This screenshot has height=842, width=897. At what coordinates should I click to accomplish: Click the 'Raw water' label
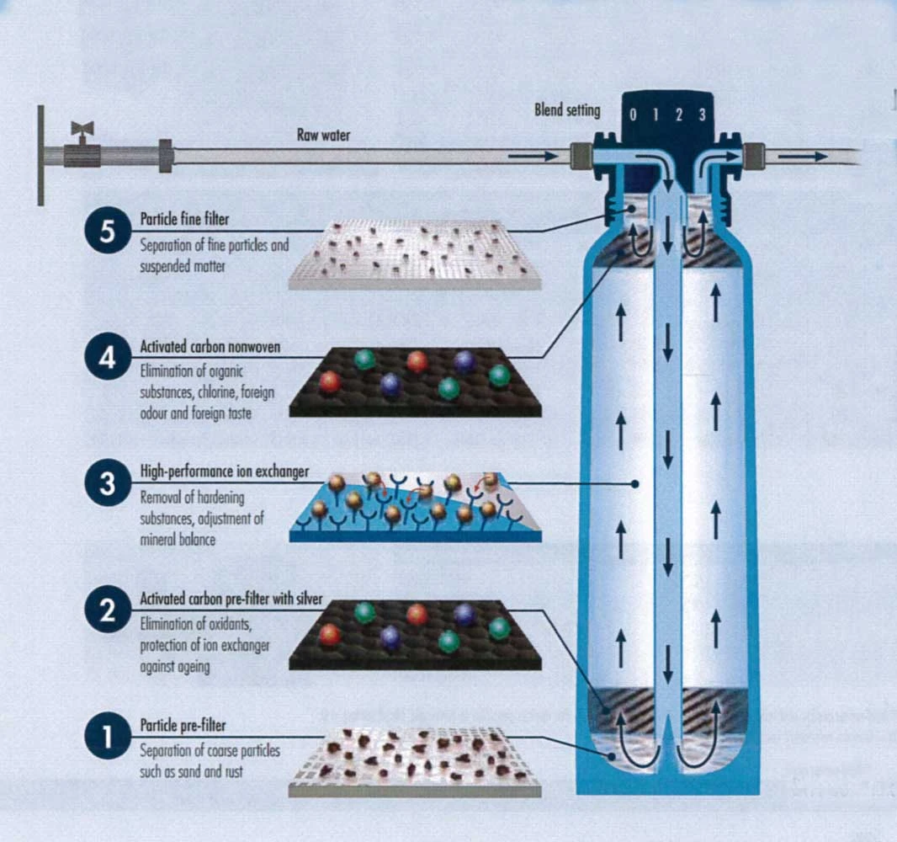tap(323, 135)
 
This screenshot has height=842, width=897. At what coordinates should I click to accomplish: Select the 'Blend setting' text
tap(567, 110)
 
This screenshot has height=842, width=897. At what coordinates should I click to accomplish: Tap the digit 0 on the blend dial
tap(636, 115)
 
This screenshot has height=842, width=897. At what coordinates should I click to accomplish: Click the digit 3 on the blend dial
tap(701, 115)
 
